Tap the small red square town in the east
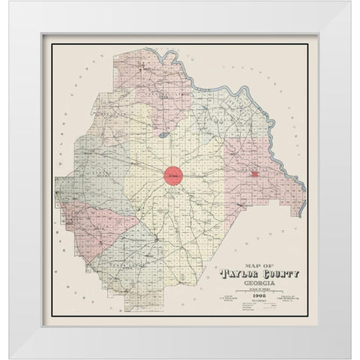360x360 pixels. pos(255,173)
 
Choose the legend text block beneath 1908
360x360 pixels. pos(256,308)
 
